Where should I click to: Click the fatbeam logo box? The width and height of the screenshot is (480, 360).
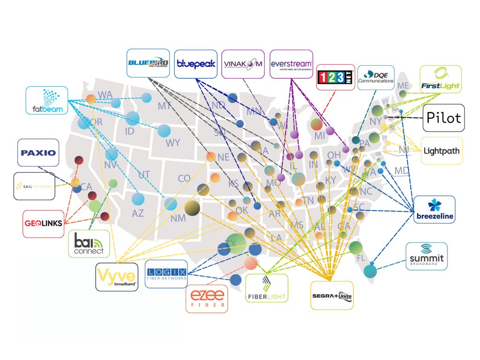pyautogui.click(x=47, y=100)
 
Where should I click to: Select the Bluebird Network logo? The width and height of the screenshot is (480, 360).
pyautogui.click(x=148, y=63)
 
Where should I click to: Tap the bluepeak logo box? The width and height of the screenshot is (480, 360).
pyautogui.click(x=195, y=63)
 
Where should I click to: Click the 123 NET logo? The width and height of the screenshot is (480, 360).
pyautogui.click(x=336, y=77)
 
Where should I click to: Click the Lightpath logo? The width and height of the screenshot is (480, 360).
pyautogui.click(x=442, y=150)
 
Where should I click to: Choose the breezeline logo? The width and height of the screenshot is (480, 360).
pyautogui.click(x=435, y=209)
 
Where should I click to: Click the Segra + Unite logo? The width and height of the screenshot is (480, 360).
pyautogui.click(x=332, y=295)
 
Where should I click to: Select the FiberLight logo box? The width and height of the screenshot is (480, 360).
pyautogui.click(x=267, y=288)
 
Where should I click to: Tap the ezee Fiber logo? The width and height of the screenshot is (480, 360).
pyautogui.click(x=207, y=299)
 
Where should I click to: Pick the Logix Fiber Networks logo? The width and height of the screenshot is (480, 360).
pyautogui.click(x=166, y=274)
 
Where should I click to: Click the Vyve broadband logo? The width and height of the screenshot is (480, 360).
pyautogui.click(x=117, y=277)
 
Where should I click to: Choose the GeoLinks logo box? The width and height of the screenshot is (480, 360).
pyautogui.click(x=43, y=224)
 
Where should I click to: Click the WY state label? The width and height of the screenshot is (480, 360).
pyautogui.click(x=172, y=142)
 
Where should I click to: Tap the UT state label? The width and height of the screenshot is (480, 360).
pyautogui.click(x=144, y=175)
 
